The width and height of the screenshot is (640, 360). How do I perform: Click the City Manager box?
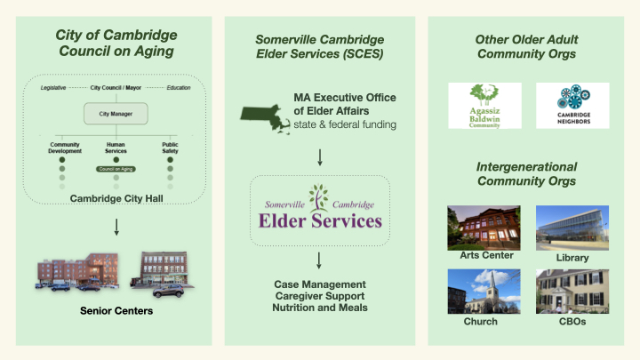click(116, 113)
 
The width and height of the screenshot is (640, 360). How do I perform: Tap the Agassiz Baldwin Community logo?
click(485, 106)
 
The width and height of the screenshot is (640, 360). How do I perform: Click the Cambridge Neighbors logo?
click(572, 106)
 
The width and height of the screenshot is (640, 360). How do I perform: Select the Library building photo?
click(572, 227)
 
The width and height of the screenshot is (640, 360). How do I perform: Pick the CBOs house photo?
click(572, 292)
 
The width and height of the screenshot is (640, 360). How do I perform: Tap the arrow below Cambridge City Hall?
click(116, 229)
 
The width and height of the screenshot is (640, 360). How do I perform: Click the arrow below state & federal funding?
click(319, 157)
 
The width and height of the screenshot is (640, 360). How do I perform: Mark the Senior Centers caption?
click(116, 311)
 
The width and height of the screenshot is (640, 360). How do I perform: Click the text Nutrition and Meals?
click(319, 307)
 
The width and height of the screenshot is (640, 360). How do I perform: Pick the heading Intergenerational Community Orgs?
click(527, 173)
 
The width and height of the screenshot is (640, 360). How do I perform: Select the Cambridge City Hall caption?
click(116, 199)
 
